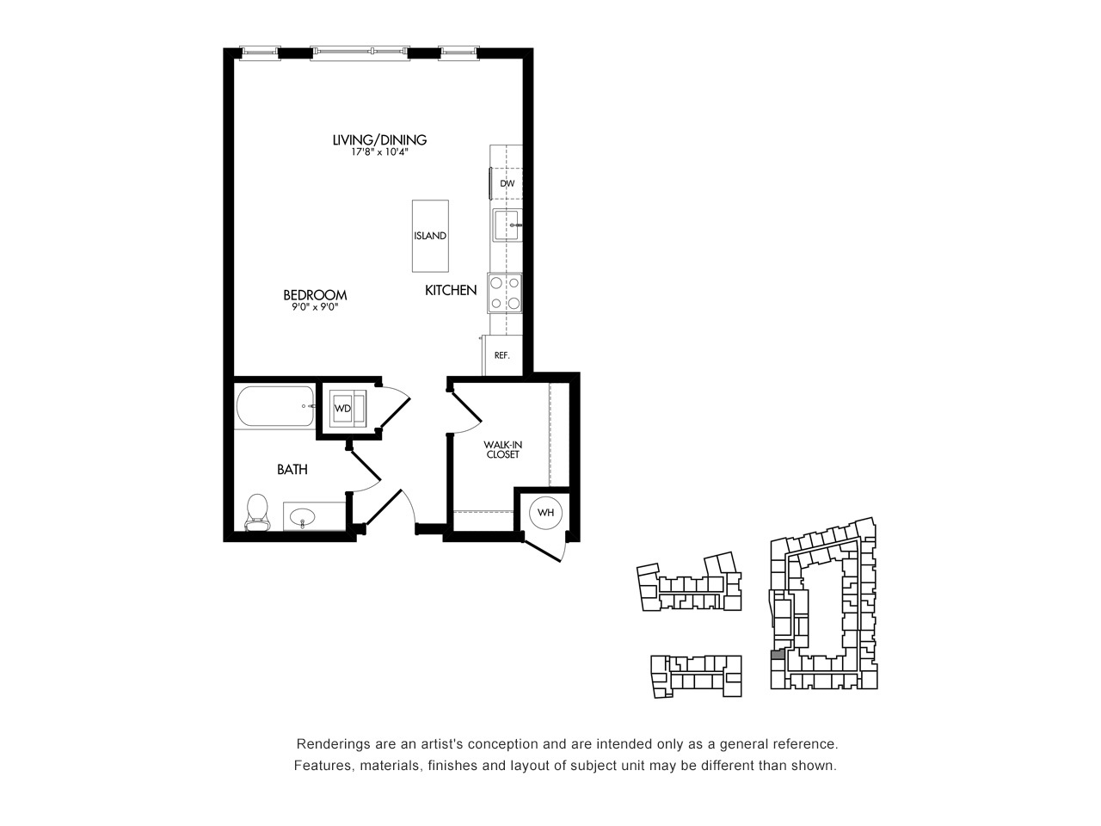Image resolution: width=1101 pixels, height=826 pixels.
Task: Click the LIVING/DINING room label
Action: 379,140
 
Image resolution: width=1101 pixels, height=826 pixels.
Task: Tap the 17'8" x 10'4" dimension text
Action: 380,152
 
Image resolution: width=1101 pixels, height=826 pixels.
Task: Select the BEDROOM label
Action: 315,295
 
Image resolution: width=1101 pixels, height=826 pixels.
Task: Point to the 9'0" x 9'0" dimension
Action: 316,307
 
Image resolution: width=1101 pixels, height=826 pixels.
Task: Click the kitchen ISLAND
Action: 430,236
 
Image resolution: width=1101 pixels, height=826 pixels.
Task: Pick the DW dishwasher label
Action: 507,183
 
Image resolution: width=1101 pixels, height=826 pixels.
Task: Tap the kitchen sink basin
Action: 507,225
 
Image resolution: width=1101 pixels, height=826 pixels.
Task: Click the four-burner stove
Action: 505,293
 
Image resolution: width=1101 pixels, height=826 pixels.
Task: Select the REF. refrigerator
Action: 502,355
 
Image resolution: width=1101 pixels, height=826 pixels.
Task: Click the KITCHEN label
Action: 451,290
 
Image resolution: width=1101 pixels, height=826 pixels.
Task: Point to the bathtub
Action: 275,406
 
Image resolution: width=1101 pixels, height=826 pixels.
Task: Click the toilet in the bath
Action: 257,513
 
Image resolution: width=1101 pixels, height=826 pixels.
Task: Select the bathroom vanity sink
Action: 303,516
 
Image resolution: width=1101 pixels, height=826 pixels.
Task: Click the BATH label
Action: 292,470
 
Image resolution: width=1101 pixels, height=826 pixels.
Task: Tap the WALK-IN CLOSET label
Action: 503,449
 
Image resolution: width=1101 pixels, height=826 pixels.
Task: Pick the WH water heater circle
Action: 545,513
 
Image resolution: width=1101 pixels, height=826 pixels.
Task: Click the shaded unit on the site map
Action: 777,654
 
